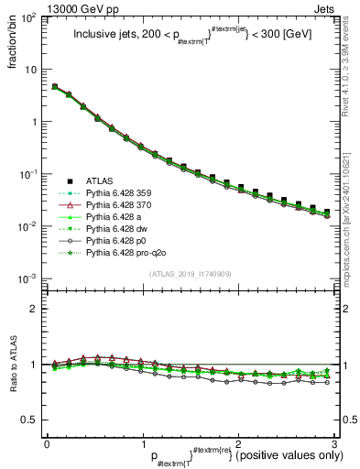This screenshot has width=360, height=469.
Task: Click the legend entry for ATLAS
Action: pos(99,180)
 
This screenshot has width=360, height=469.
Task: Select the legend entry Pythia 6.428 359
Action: pos(115,191)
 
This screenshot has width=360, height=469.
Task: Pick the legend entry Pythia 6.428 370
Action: pos(115,203)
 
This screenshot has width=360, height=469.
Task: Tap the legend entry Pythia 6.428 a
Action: pos(111,215)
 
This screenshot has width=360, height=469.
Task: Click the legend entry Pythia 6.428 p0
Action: pos(113,239)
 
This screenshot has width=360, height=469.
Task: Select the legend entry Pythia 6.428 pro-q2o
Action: pos(122,251)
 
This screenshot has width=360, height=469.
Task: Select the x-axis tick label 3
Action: pos(336,444)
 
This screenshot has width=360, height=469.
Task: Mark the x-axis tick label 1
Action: pos(143,444)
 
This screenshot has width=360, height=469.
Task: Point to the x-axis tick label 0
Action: pos(46,444)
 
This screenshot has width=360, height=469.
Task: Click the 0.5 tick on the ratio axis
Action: pos(32,420)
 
